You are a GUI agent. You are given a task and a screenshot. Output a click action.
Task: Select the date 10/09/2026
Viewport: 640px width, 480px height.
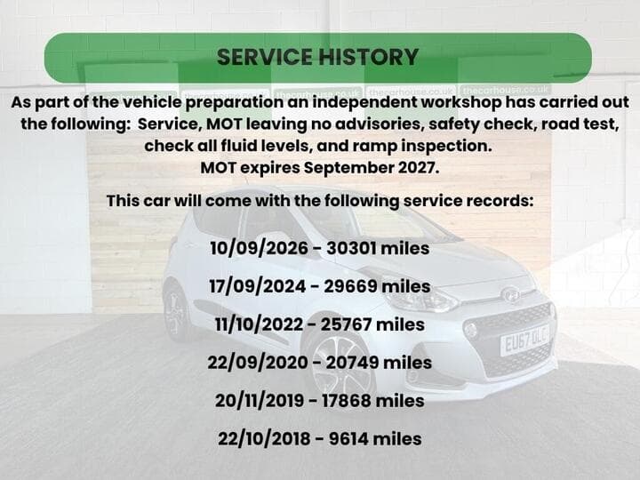pos(260,248)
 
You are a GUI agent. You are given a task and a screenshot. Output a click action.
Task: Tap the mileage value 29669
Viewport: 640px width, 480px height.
pos(350,286)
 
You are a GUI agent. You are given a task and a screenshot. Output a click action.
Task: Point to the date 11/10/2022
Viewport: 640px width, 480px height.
pos(260,324)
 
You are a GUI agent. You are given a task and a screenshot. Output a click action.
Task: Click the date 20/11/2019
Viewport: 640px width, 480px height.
pos(260,400)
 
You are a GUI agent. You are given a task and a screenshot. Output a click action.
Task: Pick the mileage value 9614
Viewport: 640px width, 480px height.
pos(348,439)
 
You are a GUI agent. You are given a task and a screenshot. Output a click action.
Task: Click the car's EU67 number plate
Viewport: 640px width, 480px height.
pos(524,340)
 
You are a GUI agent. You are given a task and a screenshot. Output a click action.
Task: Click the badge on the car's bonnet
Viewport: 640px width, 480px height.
pos(510,295)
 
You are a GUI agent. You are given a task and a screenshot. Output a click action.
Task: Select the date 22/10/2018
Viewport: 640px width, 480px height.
pos(264,439)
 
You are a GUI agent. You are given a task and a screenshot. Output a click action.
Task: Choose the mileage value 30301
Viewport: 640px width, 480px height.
pos(351,248)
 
